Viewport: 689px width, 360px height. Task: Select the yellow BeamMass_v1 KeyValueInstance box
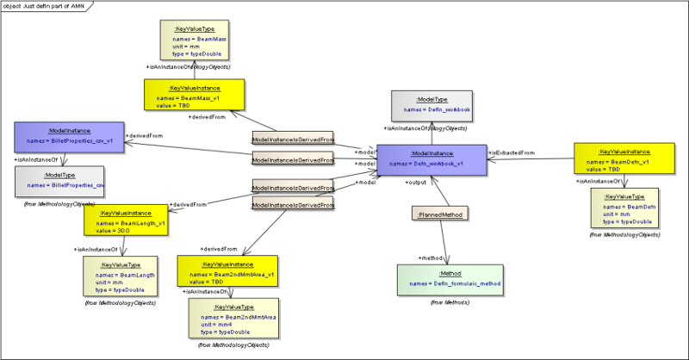coord(195,96)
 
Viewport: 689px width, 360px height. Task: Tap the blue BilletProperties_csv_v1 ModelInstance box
coord(69,136)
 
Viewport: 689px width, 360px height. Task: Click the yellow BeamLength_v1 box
coord(127,220)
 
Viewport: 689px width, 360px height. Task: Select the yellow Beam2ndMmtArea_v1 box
coord(228,270)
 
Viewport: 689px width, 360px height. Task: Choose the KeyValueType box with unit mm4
coord(233,320)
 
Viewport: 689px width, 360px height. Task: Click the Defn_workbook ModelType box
coord(431,106)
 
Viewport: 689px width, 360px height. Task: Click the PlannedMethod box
coord(440,214)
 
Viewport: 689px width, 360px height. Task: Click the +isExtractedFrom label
coord(511,152)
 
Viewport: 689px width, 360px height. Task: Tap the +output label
coord(417,183)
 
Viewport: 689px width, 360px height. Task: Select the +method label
coord(431,258)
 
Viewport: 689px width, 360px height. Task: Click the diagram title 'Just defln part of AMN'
coord(53,5)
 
